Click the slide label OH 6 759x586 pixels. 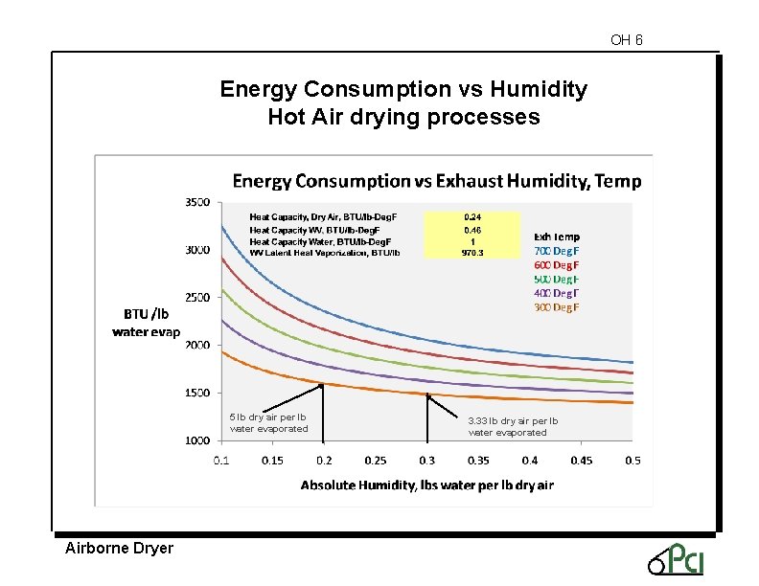626,40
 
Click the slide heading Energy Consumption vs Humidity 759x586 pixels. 403,90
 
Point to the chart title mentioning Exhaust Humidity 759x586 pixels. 437,181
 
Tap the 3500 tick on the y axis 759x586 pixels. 196,203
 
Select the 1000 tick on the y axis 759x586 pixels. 196,440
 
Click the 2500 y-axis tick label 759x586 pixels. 196,298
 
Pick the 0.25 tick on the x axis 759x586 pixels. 376,461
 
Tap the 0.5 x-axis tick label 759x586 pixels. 632,461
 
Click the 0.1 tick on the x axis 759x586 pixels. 221,461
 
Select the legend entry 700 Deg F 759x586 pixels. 557,250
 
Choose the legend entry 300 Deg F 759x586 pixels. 557,307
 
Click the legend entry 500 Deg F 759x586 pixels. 557,279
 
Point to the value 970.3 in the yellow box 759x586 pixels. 472,253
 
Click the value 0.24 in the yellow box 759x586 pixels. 472,217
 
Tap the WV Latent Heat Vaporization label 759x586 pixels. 324,253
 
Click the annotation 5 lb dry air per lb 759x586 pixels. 267,417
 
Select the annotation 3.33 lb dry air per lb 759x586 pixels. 513,420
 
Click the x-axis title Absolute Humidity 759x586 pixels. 426,485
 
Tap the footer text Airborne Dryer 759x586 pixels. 119,549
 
